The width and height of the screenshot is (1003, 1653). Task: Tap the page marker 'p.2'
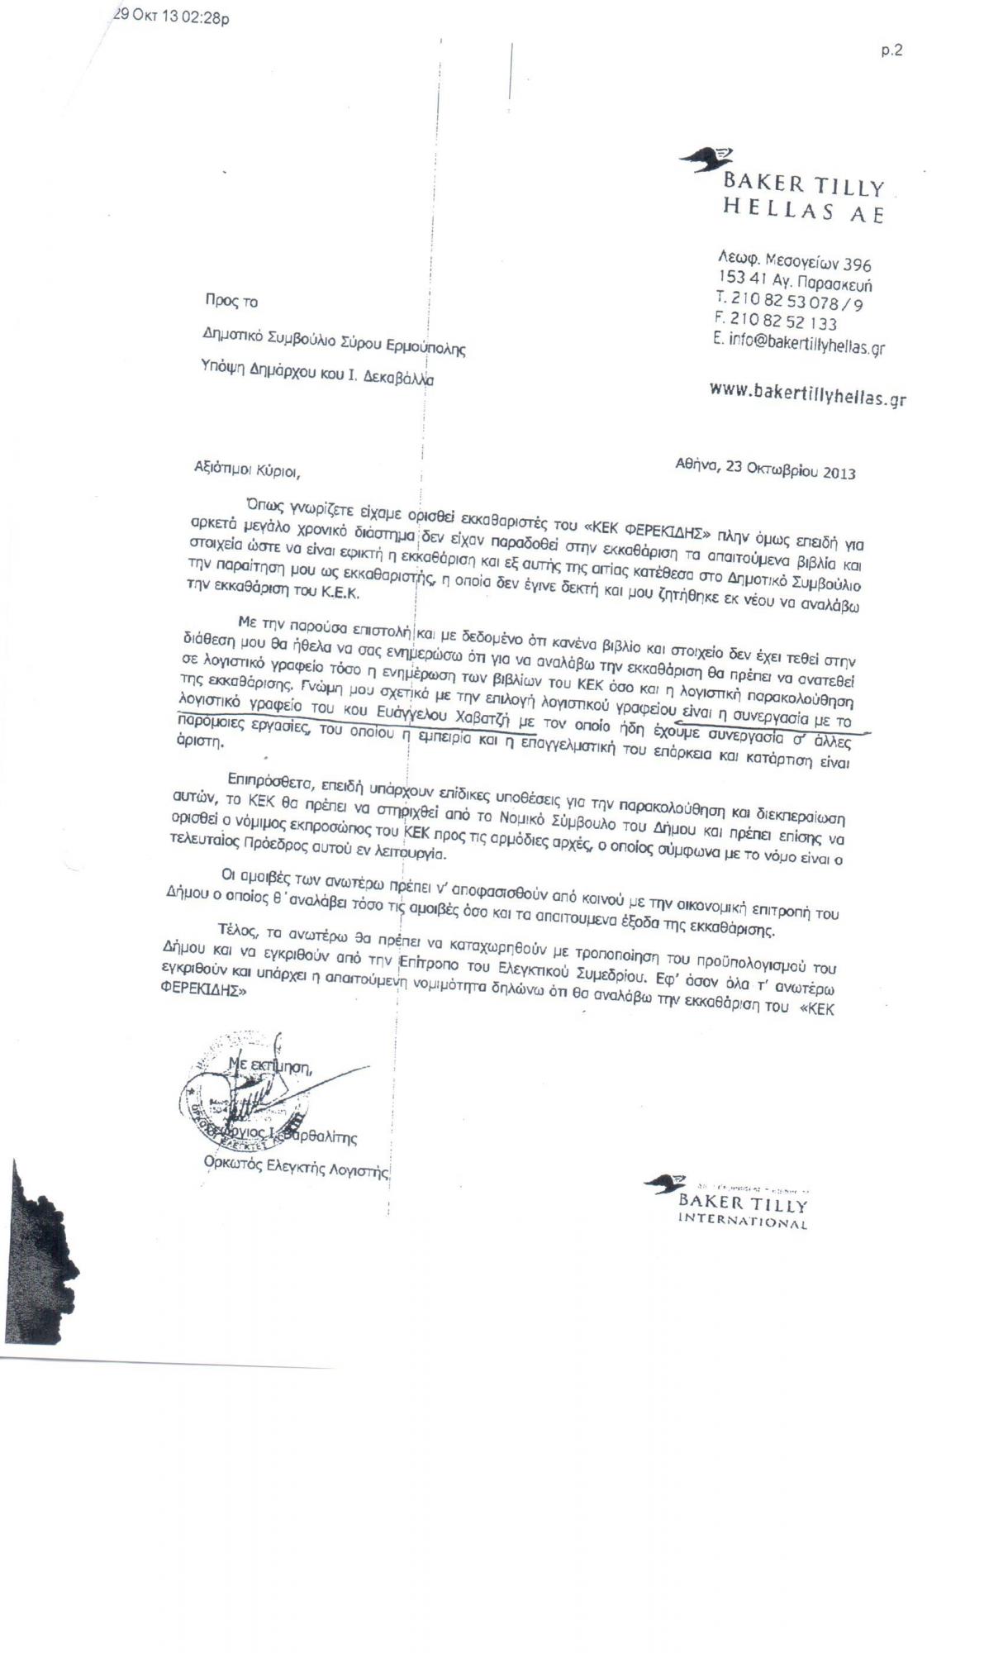(891, 50)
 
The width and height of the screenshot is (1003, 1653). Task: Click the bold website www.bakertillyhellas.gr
(807, 393)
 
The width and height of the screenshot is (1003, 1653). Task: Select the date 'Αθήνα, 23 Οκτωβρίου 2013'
(765, 468)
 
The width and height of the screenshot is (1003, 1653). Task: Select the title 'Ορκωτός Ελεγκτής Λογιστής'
(295, 1165)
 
